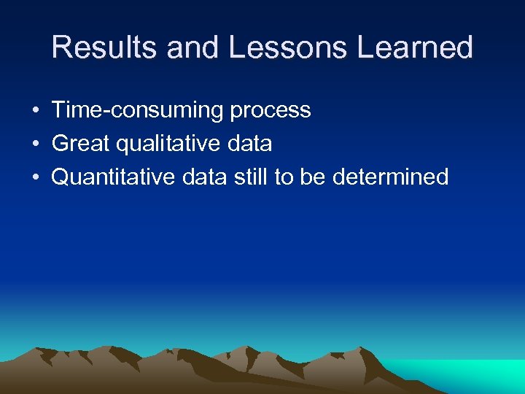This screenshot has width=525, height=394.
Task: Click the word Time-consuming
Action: [x=138, y=110]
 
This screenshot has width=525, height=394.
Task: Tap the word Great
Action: [x=82, y=144]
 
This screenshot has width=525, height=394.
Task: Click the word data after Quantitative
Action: [x=201, y=177]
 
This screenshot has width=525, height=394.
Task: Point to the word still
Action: [x=252, y=177]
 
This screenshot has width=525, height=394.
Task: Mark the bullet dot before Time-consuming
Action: [x=34, y=111]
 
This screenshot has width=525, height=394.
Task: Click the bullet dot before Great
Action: [x=34, y=144]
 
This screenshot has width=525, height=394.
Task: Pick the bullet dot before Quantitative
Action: [x=34, y=178]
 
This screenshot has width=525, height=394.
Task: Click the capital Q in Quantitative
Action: [x=61, y=177]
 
